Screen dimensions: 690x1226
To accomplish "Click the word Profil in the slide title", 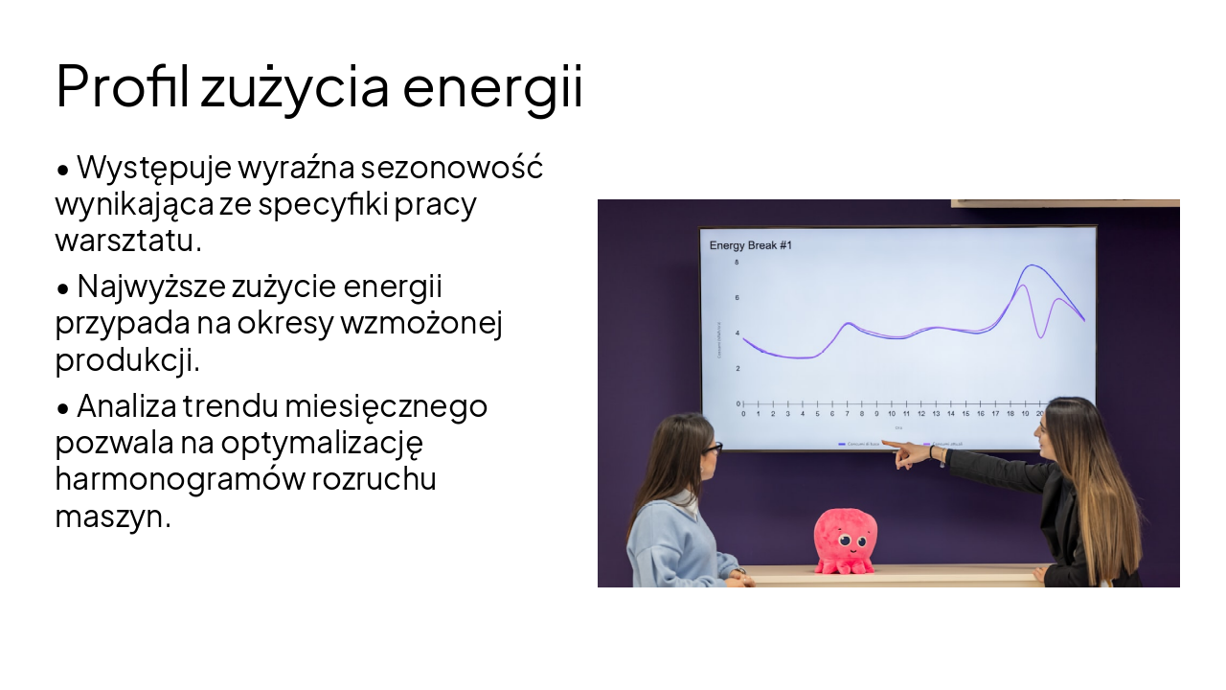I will pyautogui.click(x=125, y=87).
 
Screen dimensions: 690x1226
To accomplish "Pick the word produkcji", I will pyautogui.click(x=127, y=359).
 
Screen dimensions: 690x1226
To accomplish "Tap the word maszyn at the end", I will pyautogui.click(x=112, y=517).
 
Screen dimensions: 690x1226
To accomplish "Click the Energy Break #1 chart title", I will pyautogui.click(x=750, y=246).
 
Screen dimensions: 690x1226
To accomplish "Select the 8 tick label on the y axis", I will pyautogui.click(x=737, y=263).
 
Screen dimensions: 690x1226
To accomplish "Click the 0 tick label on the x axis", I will pyautogui.click(x=743, y=414).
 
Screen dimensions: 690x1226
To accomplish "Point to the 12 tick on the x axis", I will pyautogui.click(x=921, y=414).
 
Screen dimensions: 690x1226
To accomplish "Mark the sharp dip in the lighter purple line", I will pyautogui.click(x=1040, y=336).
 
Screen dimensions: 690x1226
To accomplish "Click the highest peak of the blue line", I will pyautogui.click(x=1032, y=265).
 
